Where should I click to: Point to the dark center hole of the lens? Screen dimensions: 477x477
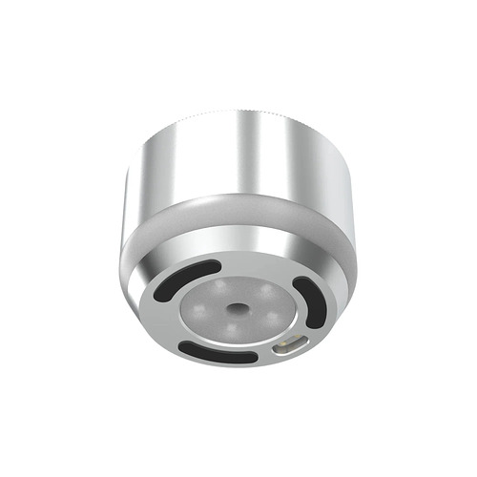pos(234,309)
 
